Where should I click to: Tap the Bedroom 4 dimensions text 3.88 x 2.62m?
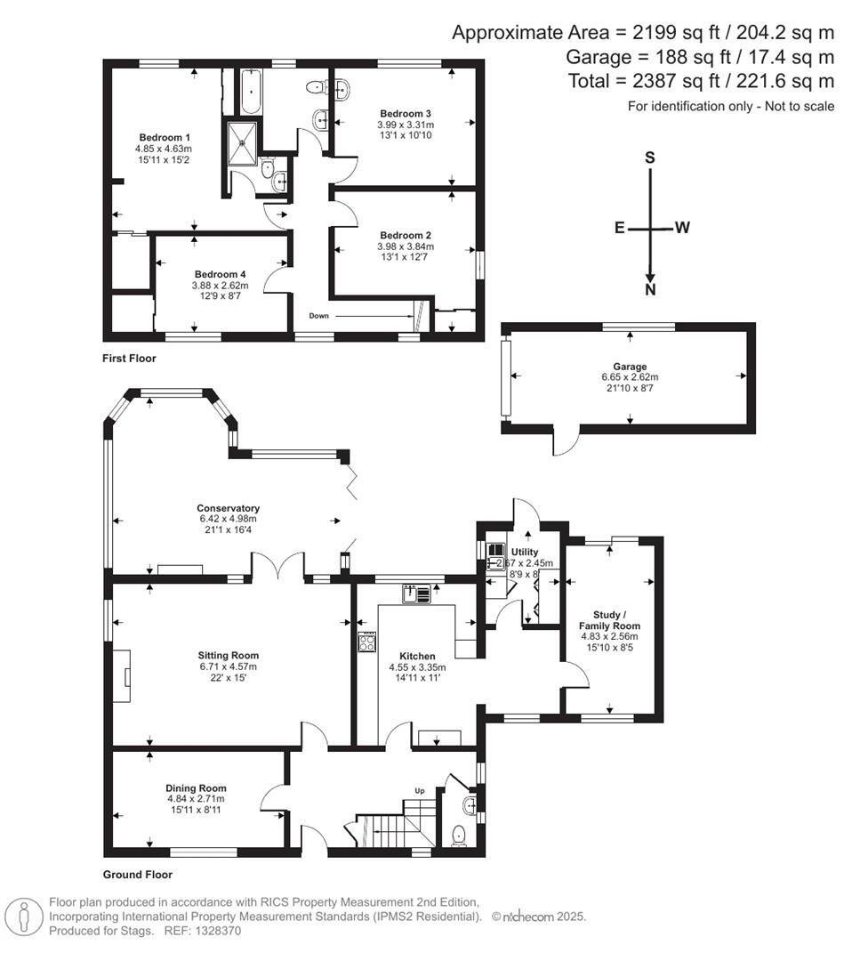pos(220,286)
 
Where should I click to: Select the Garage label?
pos(629,366)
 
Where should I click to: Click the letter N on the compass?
pos(651,290)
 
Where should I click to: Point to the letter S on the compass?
pos(650,157)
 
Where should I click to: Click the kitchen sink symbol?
pos(415,593)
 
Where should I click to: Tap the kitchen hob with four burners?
pos(366,642)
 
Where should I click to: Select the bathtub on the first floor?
pos(248,93)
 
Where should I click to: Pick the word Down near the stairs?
pos(320,316)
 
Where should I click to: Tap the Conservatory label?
pos(229,508)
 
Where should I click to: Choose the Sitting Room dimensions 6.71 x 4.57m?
pos(229,666)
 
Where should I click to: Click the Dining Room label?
pos(196,787)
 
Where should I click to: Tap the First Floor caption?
pos(129,359)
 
